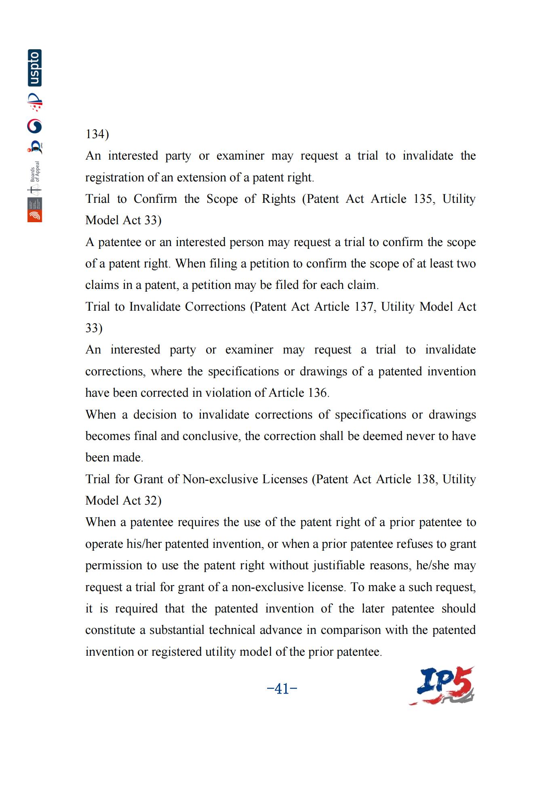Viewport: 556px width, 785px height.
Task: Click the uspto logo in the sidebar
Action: pos(35,68)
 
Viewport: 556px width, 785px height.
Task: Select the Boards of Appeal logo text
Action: pos(35,172)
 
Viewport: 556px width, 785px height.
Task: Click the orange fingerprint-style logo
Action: pos(35,216)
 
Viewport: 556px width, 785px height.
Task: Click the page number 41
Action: pos(282,688)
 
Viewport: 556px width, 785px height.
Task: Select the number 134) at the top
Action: pos(97,134)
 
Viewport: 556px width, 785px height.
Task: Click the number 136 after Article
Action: pos(317,393)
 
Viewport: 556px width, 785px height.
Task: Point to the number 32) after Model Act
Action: pos(153,501)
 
